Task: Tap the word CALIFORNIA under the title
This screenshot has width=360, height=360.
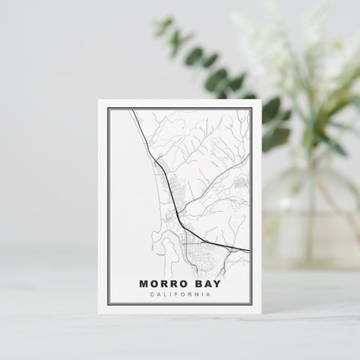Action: [181, 295]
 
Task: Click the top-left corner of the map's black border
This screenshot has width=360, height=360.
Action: [108, 109]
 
